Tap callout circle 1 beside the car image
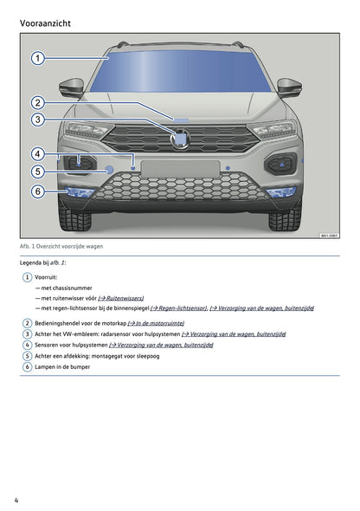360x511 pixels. click(x=38, y=59)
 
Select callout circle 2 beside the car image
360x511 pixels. click(x=38, y=102)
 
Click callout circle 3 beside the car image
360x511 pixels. click(x=38, y=120)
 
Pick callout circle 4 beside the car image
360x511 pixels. click(x=38, y=154)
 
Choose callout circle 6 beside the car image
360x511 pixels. click(x=38, y=191)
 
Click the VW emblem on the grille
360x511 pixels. click(x=182, y=138)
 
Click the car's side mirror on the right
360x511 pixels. click(x=289, y=87)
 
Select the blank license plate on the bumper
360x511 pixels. click(x=179, y=169)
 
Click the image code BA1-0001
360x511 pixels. click(x=329, y=235)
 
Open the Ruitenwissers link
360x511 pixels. click(x=121, y=297)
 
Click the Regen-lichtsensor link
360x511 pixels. click(x=178, y=307)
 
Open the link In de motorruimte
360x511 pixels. click(x=156, y=322)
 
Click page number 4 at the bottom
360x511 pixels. click(x=17, y=500)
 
